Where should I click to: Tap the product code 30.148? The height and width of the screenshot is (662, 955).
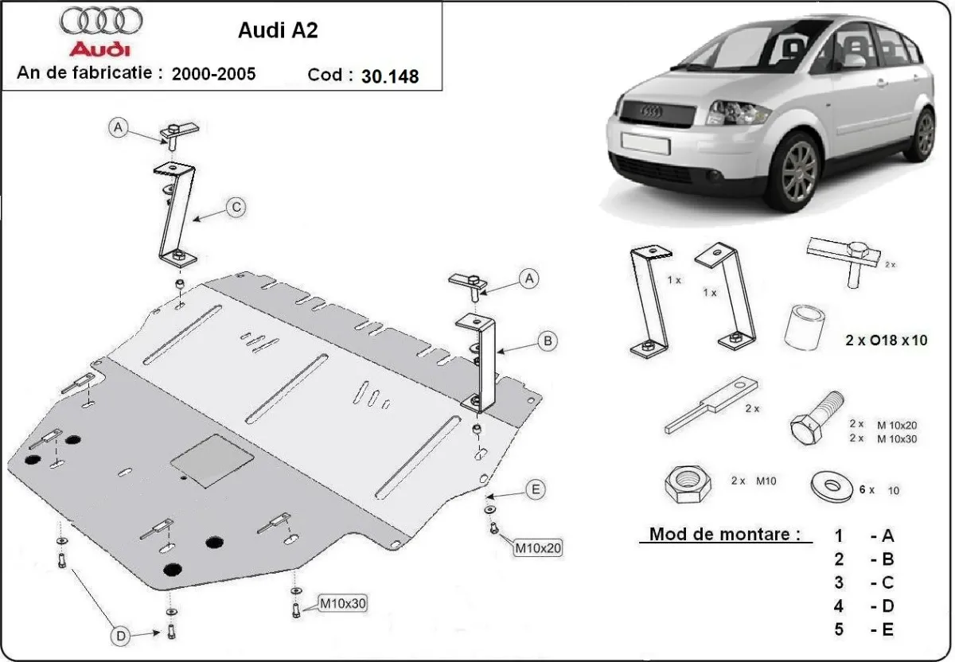click(390, 76)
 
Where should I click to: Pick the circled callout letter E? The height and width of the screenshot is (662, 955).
click(535, 489)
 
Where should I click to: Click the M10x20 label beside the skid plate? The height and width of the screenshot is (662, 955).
click(539, 547)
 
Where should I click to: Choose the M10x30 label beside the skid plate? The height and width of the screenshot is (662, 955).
click(342, 604)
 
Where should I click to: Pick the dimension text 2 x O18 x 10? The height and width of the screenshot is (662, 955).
click(887, 341)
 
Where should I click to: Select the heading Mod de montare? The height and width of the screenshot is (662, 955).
click(724, 534)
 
